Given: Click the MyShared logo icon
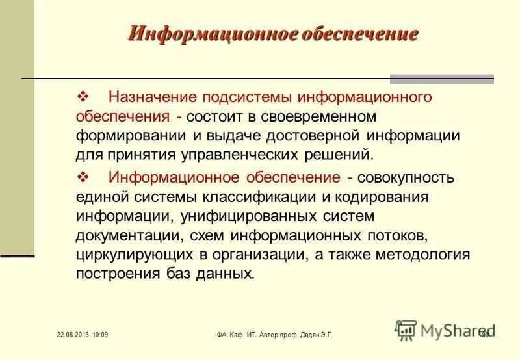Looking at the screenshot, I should [406, 330].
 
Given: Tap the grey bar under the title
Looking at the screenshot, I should [441, 79].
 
